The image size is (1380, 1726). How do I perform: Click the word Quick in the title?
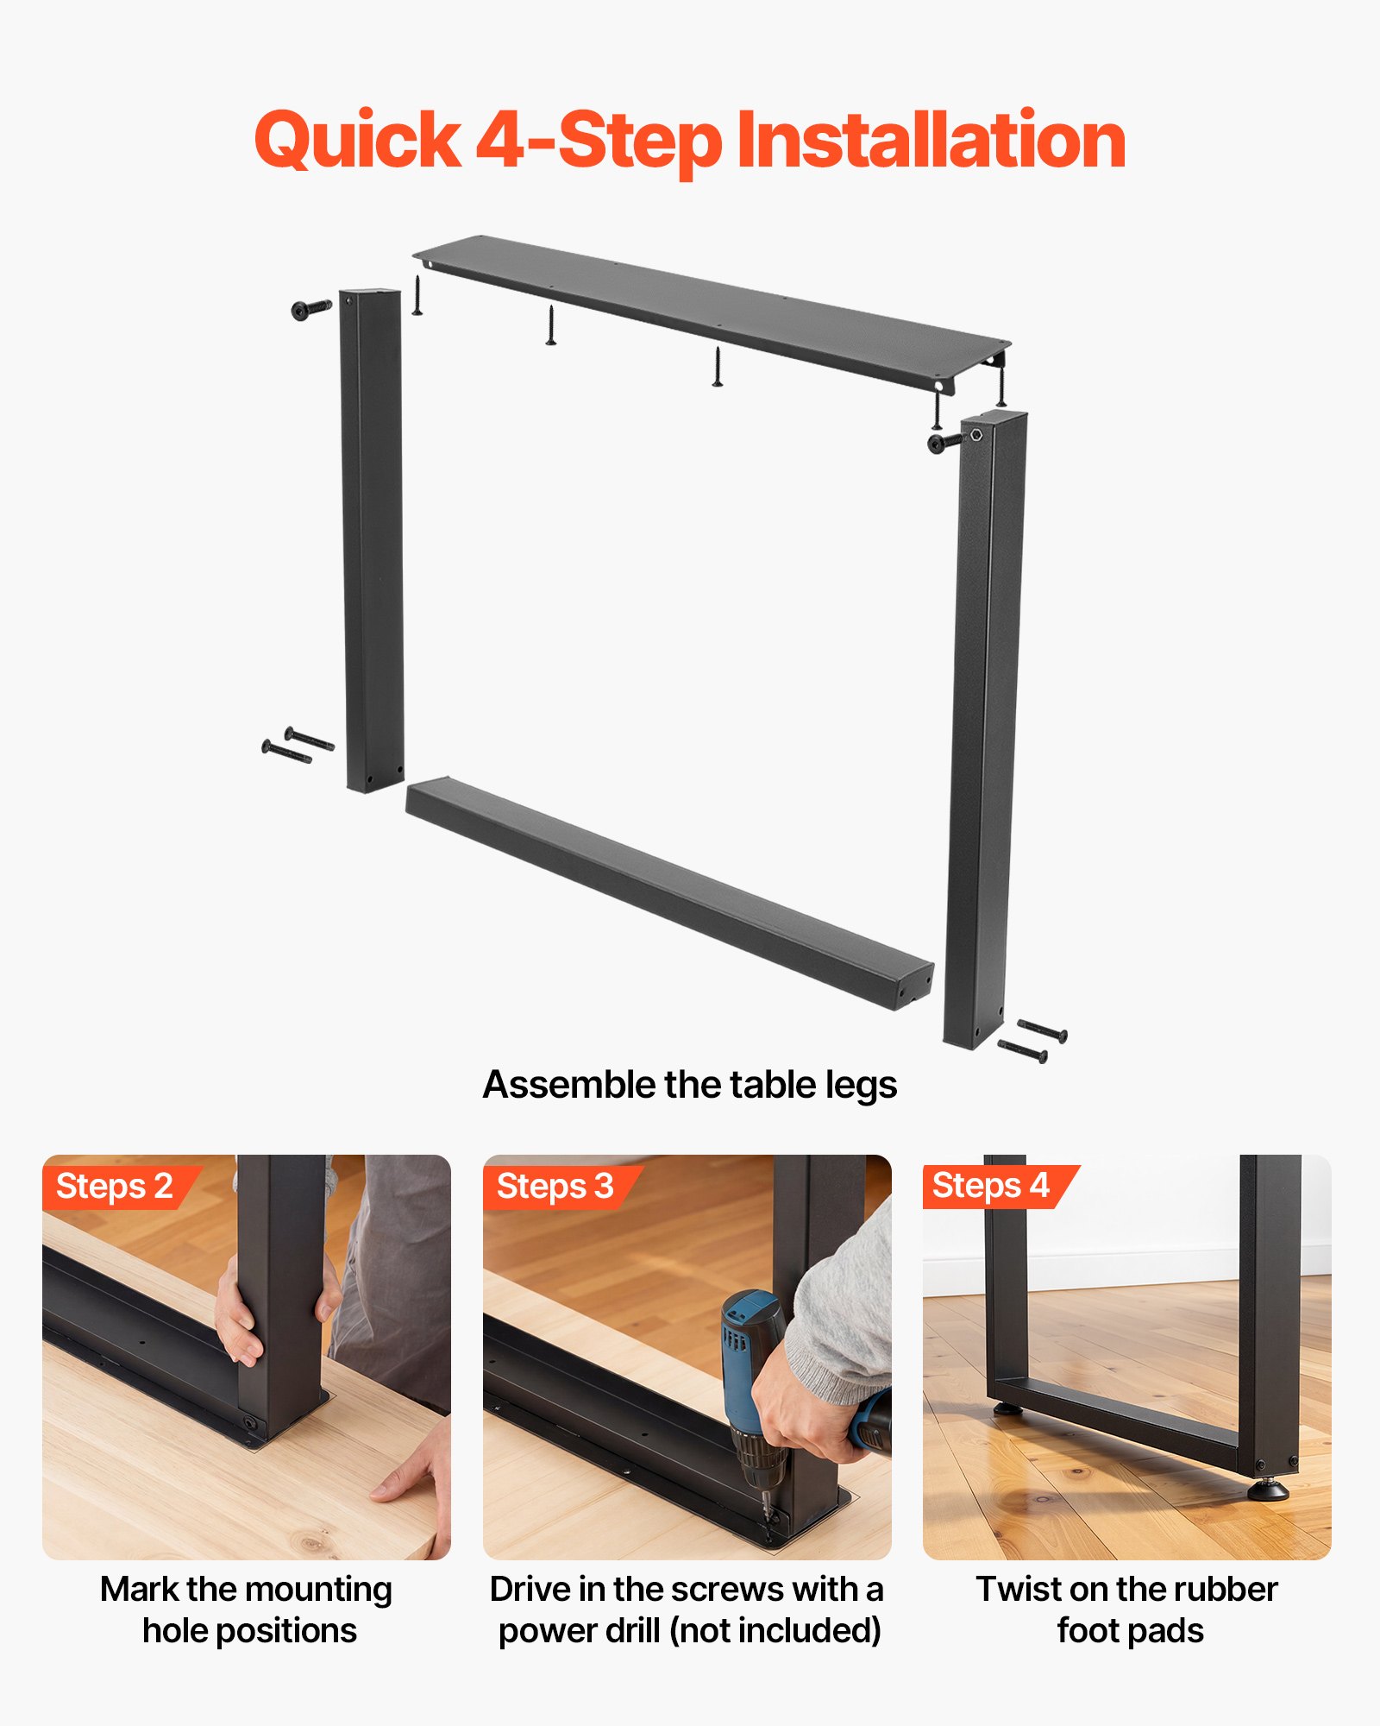coord(357,141)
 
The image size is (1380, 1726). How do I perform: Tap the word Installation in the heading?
coord(931,141)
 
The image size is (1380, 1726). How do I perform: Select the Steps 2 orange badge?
coord(115,1187)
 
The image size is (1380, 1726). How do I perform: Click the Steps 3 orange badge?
coord(555,1187)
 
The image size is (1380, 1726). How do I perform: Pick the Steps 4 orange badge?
coord(991,1186)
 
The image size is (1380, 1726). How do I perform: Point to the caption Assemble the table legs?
coord(690,1085)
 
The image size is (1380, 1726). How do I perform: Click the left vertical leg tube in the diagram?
coord(373,539)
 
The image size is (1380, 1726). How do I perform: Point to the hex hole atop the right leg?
coord(975,435)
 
